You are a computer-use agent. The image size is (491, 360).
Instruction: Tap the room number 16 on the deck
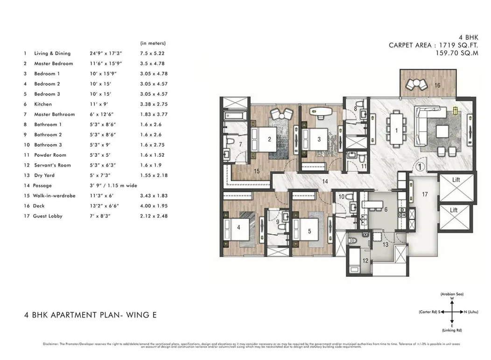(x=437, y=85)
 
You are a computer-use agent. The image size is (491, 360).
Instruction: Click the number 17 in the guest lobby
(x=425, y=194)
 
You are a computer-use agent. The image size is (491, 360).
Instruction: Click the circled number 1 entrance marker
(x=420, y=166)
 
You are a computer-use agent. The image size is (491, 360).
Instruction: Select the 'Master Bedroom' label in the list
(x=53, y=64)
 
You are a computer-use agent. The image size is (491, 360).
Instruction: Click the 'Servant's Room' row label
(x=52, y=165)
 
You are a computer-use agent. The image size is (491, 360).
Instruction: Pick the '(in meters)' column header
(x=153, y=43)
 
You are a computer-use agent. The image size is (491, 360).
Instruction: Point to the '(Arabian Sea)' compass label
(x=452, y=294)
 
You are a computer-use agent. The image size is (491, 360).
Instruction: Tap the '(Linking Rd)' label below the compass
(x=452, y=330)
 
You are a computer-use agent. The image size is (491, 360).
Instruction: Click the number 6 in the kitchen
(x=386, y=210)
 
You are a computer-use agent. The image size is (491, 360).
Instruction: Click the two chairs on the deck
(x=416, y=85)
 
